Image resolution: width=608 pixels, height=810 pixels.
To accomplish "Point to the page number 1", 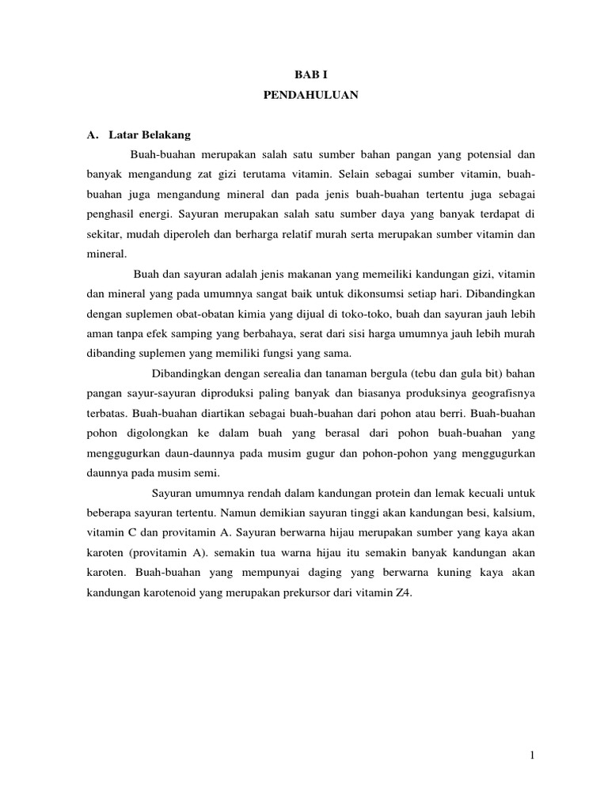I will pyautogui.click(x=533, y=755).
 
